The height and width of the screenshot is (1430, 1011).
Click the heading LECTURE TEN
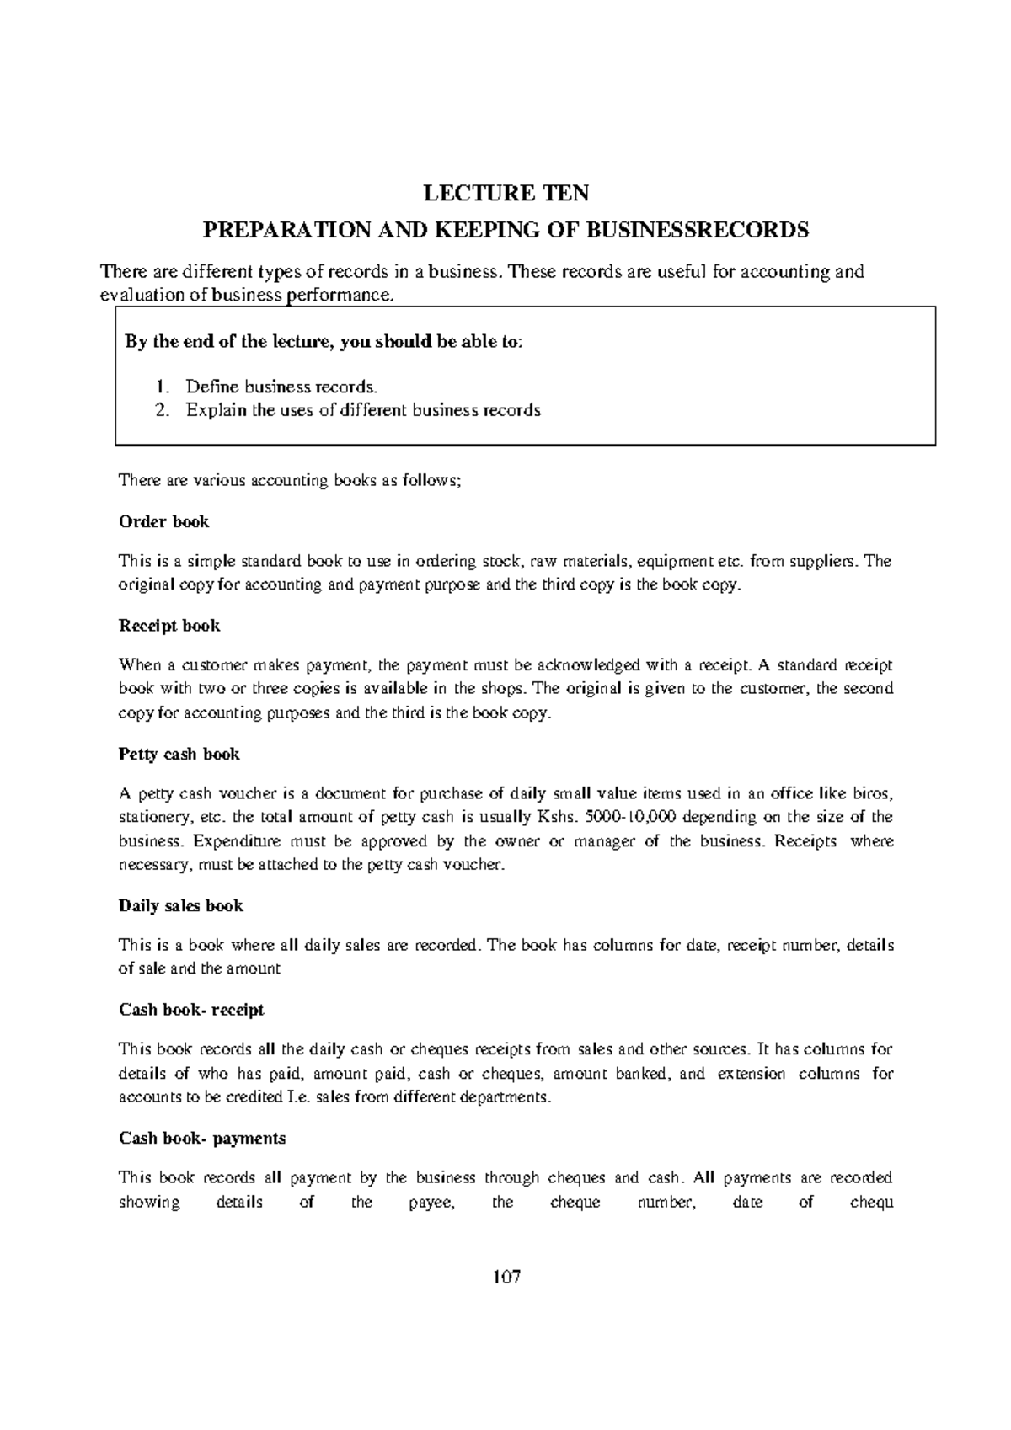pos(505,195)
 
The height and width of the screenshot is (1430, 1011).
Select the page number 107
pos(505,1277)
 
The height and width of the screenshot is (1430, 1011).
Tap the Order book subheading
pos(163,521)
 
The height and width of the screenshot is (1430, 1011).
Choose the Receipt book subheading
pos(169,626)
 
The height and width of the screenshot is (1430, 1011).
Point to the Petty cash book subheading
pos(179,755)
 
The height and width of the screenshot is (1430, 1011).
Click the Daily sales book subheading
pos(181,906)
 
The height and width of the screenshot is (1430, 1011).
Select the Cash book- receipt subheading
pos(191,1010)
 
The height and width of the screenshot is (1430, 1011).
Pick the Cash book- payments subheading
pos(202,1139)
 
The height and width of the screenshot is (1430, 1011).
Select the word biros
pos(874,793)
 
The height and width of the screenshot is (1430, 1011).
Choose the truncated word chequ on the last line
pos(870,1203)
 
